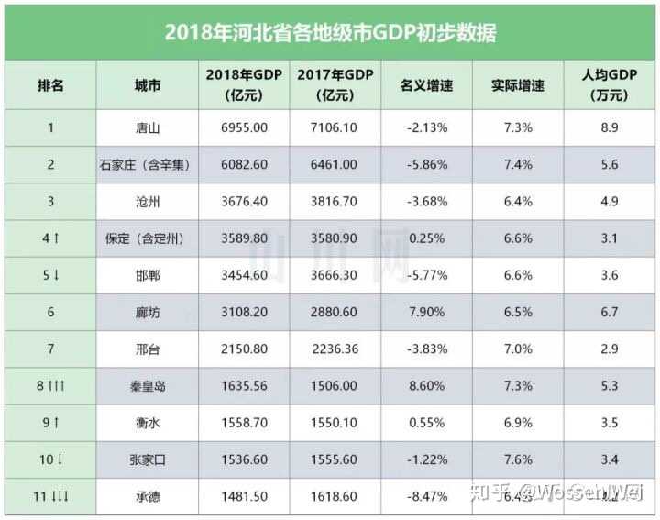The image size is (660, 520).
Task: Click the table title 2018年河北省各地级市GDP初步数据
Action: pos(330,33)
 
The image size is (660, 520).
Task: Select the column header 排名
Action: pos(50,85)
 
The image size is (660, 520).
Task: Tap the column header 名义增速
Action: pos(426,85)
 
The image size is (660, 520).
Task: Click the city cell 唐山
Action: pos(147,127)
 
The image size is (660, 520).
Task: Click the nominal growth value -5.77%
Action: pos(426,275)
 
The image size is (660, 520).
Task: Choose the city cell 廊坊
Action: pos(147,312)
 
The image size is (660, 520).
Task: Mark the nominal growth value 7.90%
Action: pos(426,312)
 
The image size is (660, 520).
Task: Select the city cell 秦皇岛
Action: pos(147,386)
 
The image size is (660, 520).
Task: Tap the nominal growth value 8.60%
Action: pos(426,386)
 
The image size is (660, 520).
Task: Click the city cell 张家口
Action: pos(147,459)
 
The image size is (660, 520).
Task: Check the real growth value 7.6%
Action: pos(518,459)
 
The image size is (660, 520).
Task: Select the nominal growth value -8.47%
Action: pos(426,496)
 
